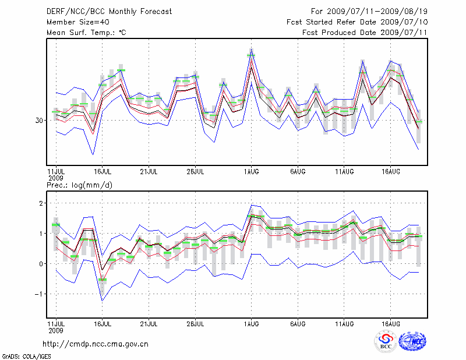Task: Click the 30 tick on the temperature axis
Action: tap(40, 121)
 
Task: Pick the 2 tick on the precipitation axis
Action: tap(41, 203)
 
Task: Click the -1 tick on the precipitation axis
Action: tap(39, 294)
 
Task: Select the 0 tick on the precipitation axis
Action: tap(41, 264)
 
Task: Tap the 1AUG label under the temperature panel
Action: tap(252, 172)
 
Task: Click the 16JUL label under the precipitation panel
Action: tap(103, 323)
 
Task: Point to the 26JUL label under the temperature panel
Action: tap(196, 172)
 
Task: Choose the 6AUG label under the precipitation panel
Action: tap(298, 323)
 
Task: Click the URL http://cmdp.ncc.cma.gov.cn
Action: tap(96, 344)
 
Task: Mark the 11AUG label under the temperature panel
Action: tap(344, 172)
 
